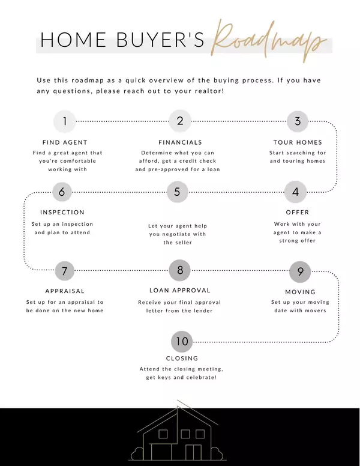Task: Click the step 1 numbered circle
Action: pos(65,121)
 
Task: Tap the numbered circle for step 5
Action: pos(177,192)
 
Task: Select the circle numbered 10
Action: pos(182,342)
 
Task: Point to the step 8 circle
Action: pos(180,270)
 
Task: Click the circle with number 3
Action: pos(297,121)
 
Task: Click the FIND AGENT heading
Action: pos(65,142)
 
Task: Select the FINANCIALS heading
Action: pos(180,142)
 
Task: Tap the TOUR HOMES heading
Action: pos(298,142)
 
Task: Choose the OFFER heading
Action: pos(298,213)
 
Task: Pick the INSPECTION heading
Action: pos(62,213)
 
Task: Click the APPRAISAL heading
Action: pos(65,291)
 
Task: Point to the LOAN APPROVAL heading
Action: pos(179,291)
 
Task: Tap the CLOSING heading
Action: pos(182,359)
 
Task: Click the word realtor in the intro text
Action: pos(205,91)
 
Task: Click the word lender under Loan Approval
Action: pos(200,310)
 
